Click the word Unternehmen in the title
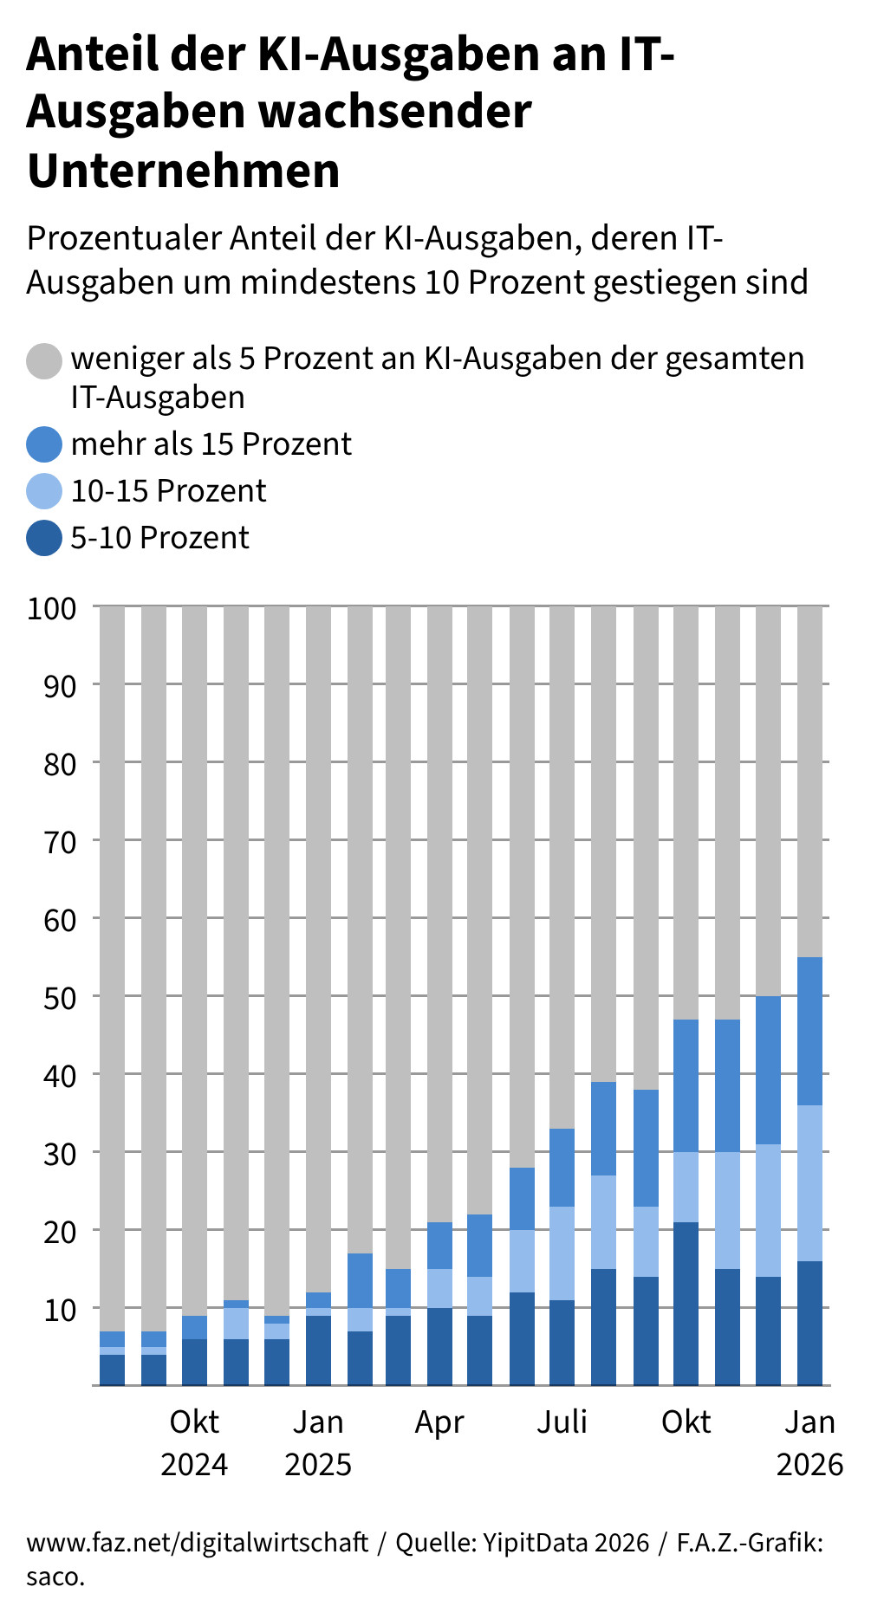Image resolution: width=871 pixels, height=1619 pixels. click(x=183, y=171)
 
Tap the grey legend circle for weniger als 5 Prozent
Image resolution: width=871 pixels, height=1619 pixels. click(x=44, y=360)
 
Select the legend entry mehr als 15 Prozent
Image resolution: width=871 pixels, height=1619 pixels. click(x=211, y=444)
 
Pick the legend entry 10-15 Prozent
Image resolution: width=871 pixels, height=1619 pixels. click(x=168, y=491)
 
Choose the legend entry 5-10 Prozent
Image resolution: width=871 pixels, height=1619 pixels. click(x=159, y=538)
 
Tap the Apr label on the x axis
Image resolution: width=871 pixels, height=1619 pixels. click(x=439, y=1422)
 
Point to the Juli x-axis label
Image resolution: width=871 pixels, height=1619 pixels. click(x=562, y=1422)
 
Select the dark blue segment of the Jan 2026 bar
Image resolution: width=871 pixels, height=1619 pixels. click(x=809, y=1323)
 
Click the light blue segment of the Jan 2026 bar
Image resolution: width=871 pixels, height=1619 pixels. click(x=809, y=1183)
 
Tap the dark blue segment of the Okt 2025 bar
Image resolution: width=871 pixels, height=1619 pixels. click(x=686, y=1304)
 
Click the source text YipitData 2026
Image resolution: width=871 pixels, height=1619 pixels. click(x=565, y=1543)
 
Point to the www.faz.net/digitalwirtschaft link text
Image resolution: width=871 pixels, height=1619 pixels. click(x=198, y=1543)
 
